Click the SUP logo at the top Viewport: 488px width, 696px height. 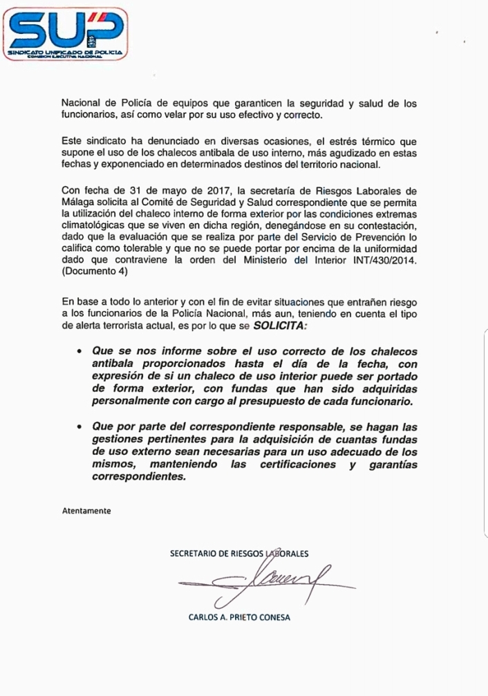point(67,32)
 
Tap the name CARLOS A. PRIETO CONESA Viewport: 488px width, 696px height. point(239,618)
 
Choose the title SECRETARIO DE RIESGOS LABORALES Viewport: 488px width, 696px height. point(239,553)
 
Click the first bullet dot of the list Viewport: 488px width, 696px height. point(81,352)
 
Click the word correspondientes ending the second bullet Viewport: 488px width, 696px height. point(142,477)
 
